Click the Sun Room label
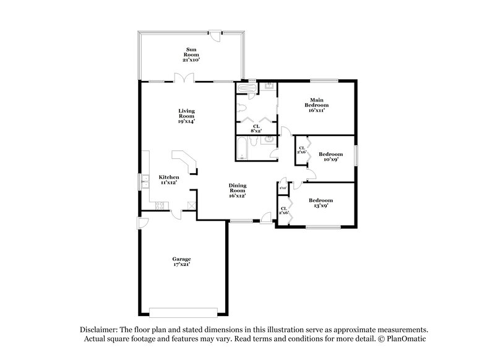192,51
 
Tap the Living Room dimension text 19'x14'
186,122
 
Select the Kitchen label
169,177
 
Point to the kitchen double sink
145,181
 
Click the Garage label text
181,259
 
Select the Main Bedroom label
316,103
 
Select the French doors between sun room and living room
181,78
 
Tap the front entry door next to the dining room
265,216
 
